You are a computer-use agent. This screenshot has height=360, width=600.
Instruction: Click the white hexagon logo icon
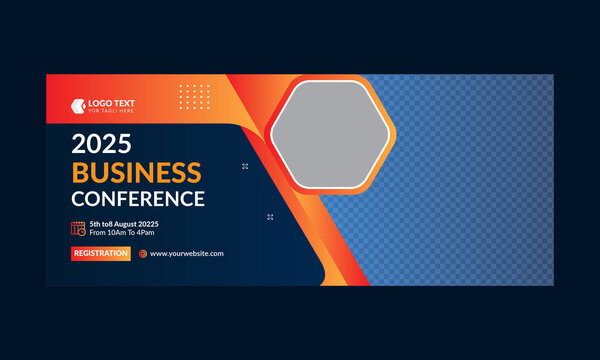point(78,104)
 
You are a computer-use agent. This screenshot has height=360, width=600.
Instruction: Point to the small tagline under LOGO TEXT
point(109,111)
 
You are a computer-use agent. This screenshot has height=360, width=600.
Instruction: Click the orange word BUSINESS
point(136,171)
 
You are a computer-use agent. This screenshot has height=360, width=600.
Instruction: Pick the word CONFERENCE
point(138,198)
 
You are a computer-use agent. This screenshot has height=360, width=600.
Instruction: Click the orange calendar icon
point(78,228)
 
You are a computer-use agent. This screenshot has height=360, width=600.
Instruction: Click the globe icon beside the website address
point(143,254)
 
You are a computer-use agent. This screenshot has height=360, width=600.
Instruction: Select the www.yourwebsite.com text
point(187,254)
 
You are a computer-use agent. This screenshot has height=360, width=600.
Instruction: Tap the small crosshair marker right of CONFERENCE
point(270,216)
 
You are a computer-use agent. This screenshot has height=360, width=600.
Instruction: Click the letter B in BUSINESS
point(79,171)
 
